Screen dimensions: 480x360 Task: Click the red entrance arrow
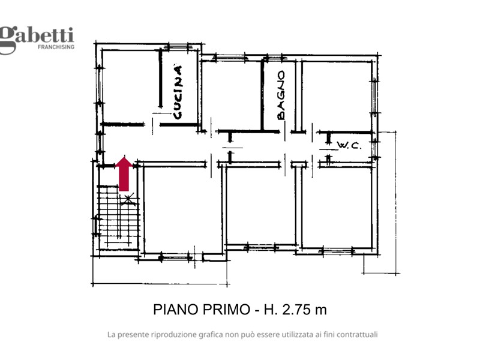coord(124,174)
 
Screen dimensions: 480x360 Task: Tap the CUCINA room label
coord(178,92)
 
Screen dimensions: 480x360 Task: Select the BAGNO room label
coord(280,95)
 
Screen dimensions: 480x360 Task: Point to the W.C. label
coord(349,145)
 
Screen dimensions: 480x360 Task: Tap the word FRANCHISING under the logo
coord(56,47)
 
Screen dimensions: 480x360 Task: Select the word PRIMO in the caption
coord(226,310)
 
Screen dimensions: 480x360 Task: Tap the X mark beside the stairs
coord(128,199)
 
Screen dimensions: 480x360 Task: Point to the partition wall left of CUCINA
coord(160,78)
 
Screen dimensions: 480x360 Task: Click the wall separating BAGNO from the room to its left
coord(262,95)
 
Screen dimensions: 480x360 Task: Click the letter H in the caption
coord(268,310)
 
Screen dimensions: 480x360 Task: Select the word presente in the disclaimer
coord(133,335)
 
